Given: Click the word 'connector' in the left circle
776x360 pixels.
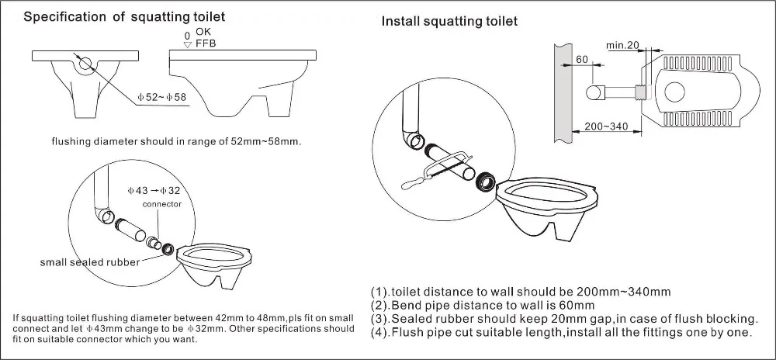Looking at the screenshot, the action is [162, 204].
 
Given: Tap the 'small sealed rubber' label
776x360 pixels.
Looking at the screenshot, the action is [90, 262].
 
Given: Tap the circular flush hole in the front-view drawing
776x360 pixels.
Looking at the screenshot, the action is [87, 61].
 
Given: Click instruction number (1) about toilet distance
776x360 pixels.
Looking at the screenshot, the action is [520, 292].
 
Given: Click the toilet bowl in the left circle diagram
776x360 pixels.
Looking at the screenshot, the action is [213, 264].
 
